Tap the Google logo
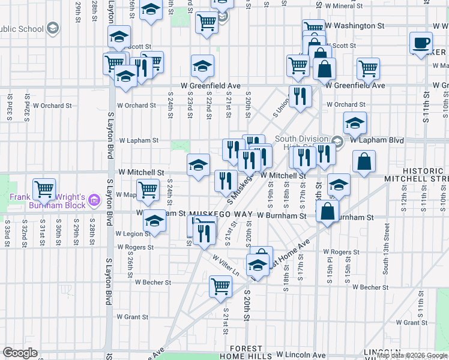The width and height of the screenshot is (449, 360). (x=20, y=353)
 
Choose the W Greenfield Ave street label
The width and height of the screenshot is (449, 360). (x=355, y=85)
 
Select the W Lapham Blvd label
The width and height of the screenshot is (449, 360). (x=377, y=140)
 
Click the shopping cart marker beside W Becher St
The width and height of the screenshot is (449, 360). (x=220, y=286)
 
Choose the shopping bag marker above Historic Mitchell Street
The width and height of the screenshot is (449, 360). (x=364, y=161)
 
